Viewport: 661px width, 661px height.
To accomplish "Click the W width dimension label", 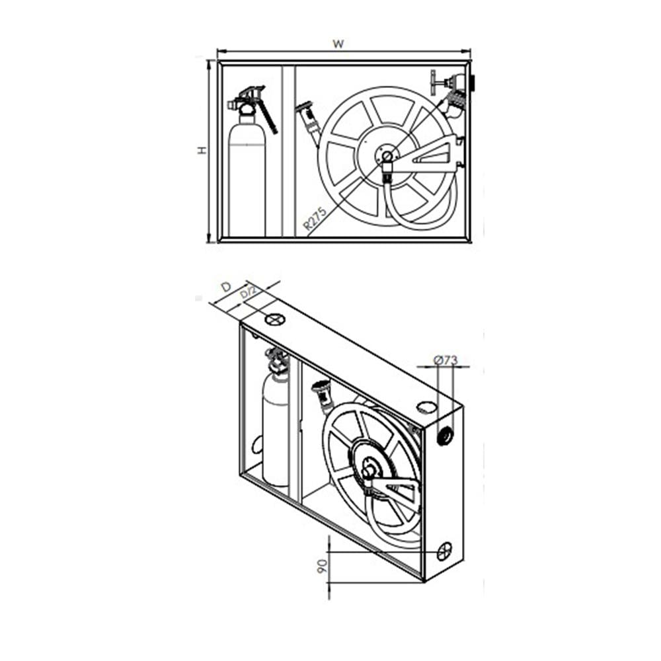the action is [x=338, y=44].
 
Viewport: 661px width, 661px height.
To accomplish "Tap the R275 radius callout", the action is [x=315, y=218].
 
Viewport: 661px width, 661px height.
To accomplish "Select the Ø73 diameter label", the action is [x=446, y=360].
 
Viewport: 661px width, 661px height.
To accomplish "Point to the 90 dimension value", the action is [x=322, y=566].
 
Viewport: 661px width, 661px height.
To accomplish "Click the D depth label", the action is [x=226, y=287].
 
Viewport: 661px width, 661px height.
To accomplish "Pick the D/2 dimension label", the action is [x=249, y=292].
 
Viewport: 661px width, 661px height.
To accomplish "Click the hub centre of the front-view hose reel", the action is [x=387, y=157].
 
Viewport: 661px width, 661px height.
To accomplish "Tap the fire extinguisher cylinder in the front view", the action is [x=247, y=179].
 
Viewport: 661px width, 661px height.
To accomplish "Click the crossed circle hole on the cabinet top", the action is [x=275, y=319].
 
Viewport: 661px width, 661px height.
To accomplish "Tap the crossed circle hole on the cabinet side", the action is [x=444, y=551].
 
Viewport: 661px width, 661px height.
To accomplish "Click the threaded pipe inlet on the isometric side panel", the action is [x=445, y=435].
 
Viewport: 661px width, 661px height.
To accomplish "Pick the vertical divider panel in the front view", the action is [x=289, y=151].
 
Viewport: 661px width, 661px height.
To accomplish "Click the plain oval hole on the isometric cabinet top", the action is [x=426, y=407].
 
